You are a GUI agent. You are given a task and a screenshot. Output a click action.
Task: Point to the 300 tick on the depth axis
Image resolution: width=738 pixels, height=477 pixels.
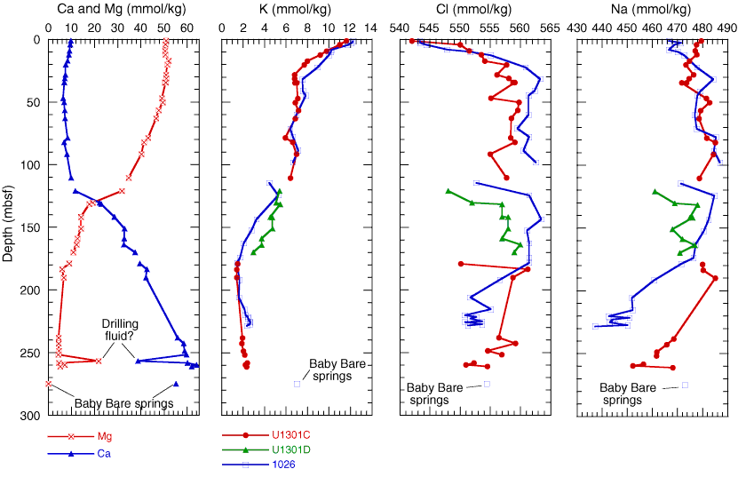[x=31, y=416]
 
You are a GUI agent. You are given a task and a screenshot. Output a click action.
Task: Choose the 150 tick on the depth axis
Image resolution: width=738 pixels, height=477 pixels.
[x=31, y=227]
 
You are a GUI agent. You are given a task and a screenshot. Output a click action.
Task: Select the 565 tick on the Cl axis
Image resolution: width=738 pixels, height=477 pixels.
[x=545, y=28]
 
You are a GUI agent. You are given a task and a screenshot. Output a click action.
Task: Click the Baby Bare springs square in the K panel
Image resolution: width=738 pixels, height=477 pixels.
[x=298, y=384]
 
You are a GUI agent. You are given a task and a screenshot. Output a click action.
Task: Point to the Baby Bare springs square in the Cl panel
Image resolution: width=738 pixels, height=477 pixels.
[x=487, y=384]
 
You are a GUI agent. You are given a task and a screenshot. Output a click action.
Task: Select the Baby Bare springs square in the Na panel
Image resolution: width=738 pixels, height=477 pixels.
[x=685, y=385]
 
